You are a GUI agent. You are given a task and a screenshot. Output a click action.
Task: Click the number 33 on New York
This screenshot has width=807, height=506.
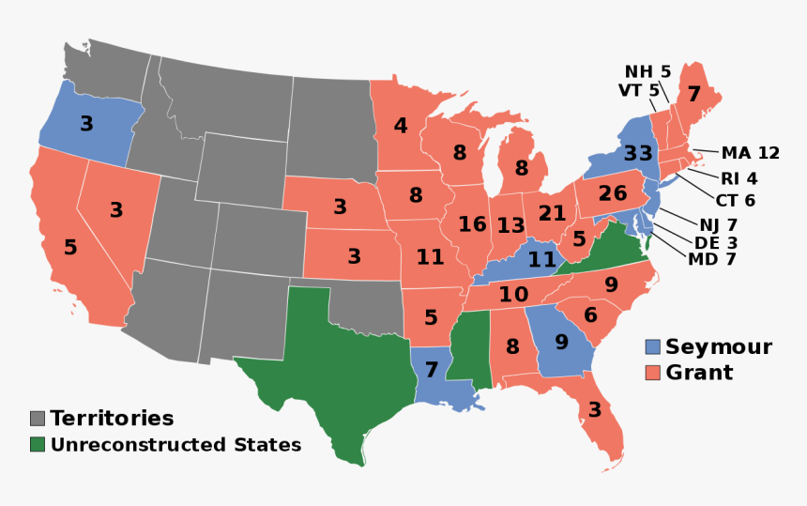click(638, 153)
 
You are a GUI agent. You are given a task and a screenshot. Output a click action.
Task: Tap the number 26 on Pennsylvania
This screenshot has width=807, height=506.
click(612, 194)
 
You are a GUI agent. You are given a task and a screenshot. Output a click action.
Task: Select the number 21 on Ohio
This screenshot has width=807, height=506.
click(552, 213)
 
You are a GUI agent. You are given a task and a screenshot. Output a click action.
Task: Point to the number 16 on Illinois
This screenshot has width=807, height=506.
click(472, 224)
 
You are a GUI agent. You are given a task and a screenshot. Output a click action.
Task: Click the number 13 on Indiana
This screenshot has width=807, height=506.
click(510, 225)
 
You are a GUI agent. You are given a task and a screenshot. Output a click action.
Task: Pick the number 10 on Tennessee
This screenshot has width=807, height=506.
click(513, 295)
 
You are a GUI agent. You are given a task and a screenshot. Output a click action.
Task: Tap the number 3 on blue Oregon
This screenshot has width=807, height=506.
click(85, 124)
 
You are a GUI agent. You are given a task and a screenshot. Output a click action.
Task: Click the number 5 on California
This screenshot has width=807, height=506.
click(70, 248)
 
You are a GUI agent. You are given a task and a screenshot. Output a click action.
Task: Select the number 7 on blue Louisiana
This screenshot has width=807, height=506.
click(432, 370)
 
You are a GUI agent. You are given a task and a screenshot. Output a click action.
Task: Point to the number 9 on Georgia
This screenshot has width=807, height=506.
click(560, 342)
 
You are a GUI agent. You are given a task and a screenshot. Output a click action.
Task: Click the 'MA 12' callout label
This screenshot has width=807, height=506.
click(751, 153)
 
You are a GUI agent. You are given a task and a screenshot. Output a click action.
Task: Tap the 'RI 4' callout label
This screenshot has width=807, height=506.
click(738, 177)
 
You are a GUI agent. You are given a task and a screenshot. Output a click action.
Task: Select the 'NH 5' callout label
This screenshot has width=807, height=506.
click(648, 71)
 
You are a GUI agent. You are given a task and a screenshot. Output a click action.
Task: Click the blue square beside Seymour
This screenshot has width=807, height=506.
click(653, 346)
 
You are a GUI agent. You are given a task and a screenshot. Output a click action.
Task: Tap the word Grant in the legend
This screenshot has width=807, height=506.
click(699, 373)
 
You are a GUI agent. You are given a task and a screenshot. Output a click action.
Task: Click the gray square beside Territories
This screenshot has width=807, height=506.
click(38, 419)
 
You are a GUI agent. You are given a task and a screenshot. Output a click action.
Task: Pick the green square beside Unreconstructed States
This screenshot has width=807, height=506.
click(38, 444)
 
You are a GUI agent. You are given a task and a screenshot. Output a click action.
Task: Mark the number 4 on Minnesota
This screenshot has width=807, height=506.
click(401, 125)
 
